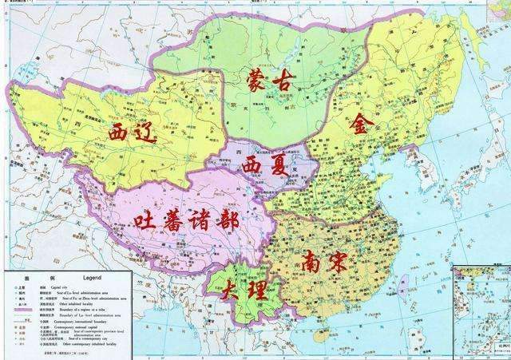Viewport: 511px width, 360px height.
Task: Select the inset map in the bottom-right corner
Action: pyautogui.click(x=481, y=311)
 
